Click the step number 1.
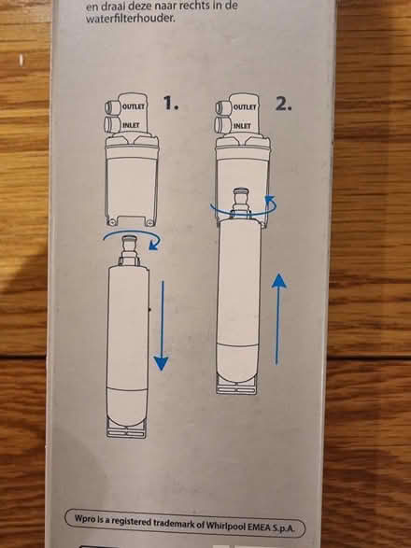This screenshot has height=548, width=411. [170, 105]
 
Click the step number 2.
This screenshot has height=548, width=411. [284, 105]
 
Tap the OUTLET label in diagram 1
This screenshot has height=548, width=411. [133, 107]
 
